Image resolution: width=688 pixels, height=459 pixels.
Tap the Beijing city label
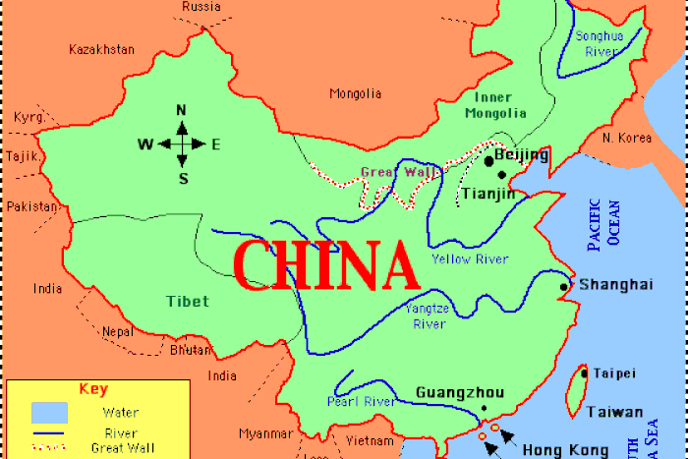coord(521,155)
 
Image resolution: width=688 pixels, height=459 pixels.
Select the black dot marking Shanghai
coord(564,287)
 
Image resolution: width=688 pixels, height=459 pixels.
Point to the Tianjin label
coord(488,194)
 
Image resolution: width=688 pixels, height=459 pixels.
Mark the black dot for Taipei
coord(584,373)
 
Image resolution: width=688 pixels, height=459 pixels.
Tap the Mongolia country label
coord(355,94)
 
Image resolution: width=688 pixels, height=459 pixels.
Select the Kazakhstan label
coord(100,48)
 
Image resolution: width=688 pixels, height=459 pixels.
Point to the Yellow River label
coord(471,259)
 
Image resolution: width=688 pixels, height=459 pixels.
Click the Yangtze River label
coord(427,316)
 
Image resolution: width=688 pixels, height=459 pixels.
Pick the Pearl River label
coord(360,401)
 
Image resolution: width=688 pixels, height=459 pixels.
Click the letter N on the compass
coord(182,110)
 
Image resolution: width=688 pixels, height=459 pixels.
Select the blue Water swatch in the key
coord(49,411)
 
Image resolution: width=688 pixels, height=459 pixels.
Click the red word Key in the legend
coord(92,389)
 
